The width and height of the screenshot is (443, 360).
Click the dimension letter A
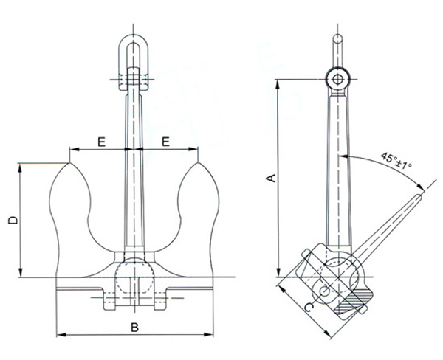point(270,178)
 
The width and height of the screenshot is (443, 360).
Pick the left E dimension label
point(100,139)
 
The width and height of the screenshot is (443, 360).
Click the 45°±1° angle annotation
point(396,159)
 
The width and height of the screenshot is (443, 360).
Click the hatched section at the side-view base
point(351,301)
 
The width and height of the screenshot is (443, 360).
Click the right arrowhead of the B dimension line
point(210,333)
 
